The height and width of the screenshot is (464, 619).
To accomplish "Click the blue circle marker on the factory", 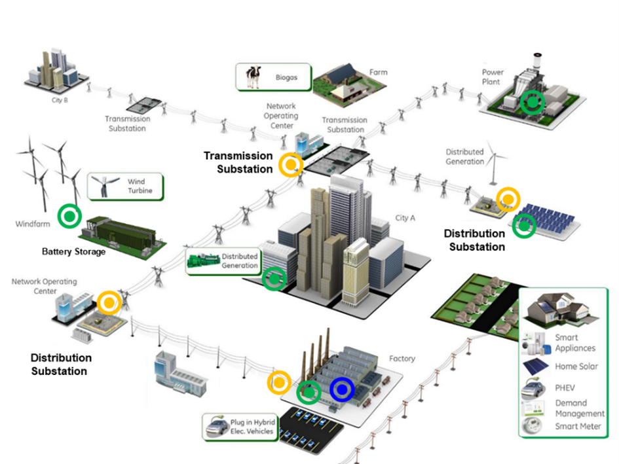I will [x=341, y=389].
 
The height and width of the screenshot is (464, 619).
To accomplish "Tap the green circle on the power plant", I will [x=532, y=102].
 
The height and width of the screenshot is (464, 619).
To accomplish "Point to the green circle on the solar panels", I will [x=524, y=226].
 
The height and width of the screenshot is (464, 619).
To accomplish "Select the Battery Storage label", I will [x=73, y=252].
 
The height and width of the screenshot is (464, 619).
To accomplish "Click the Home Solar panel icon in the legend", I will [x=535, y=366].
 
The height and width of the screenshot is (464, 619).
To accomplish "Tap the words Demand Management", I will [x=579, y=408].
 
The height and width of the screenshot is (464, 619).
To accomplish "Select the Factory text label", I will [x=402, y=359].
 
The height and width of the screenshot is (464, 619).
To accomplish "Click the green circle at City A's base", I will [x=274, y=279].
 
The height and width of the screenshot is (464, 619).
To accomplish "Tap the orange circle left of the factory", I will [x=280, y=382].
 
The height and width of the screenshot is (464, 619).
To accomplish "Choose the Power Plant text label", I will [x=491, y=77].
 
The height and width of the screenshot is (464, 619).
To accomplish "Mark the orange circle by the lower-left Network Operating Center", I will [x=109, y=302].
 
